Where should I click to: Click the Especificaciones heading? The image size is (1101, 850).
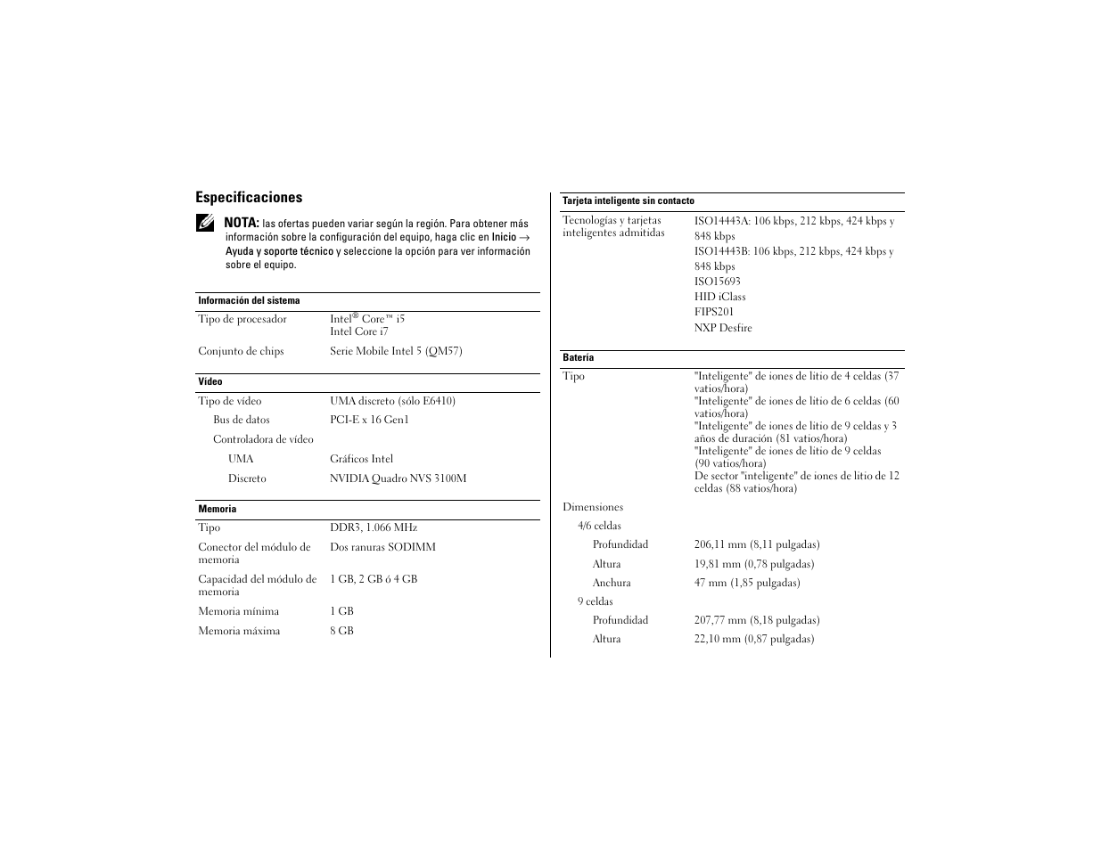tap(249, 198)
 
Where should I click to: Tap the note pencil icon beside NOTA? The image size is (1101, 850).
tap(205, 223)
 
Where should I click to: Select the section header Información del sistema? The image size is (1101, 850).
tap(249, 301)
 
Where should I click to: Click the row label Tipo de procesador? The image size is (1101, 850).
tap(242, 319)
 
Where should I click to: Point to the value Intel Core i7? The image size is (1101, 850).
tap(358, 331)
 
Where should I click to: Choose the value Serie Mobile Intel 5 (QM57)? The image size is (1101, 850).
tap(396, 351)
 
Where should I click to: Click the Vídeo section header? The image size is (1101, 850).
tap(210, 382)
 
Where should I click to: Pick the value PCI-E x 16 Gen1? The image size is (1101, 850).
tap(369, 420)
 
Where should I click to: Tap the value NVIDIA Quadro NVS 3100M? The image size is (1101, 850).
tap(398, 478)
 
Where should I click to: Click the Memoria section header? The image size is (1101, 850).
tap(218, 510)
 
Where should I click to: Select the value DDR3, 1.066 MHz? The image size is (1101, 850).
tap(373, 527)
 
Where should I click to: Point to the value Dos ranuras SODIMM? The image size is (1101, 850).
tap(382, 547)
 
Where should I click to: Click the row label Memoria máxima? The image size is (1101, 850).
tap(239, 631)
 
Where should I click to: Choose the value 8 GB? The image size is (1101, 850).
tap(341, 631)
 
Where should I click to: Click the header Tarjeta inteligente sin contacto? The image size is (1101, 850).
tap(628, 201)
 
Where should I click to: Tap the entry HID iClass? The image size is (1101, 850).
tap(720, 297)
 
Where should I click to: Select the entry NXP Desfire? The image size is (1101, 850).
tap(723, 328)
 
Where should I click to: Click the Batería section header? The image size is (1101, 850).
tap(578, 358)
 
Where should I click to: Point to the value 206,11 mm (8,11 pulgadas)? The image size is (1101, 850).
tap(757, 544)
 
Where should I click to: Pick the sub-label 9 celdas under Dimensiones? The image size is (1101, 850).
tap(595, 601)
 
